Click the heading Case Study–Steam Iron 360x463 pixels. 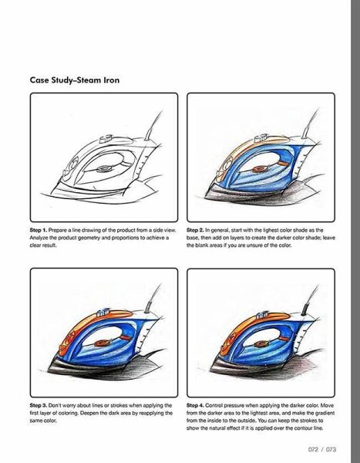[x=75, y=80]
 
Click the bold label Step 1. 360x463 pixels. [x=39, y=230]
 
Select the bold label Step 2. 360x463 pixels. [x=195, y=230]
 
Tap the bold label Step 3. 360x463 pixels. [x=39, y=405]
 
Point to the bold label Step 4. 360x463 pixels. [x=195, y=405]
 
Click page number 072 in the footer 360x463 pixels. [x=313, y=449]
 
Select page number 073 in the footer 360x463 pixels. [x=331, y=449]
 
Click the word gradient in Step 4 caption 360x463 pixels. [x=325, y=413]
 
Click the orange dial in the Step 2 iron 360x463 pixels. [x=258, y=169]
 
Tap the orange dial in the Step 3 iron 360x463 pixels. [x=101, y=343]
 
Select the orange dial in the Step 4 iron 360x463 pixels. [x=260, y=344]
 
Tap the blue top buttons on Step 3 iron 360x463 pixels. [x=103, y=312]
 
